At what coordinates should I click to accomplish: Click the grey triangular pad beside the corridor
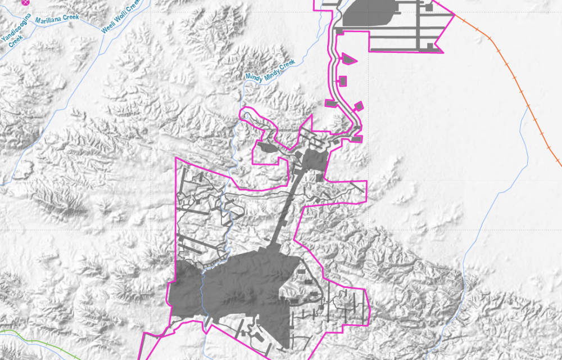coord(348,58)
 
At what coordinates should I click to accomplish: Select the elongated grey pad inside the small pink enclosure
coord(265,148)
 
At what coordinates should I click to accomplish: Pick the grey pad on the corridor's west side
coord(331,103)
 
